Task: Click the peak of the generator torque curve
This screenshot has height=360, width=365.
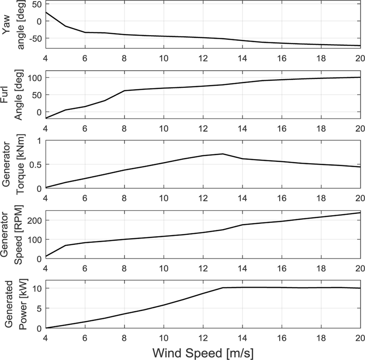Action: [223, 154]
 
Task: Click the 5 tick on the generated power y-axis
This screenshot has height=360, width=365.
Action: [39, 308]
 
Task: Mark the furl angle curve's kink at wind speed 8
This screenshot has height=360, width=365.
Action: [124, 91]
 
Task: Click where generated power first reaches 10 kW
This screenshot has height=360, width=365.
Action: [223, 288]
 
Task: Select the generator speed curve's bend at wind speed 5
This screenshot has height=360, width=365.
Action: [65, 246]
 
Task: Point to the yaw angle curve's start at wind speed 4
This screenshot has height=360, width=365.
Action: [46, 12]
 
